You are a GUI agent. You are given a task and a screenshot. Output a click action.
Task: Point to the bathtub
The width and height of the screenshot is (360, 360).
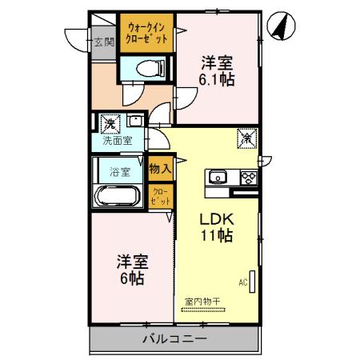pyautogui.click(x=118, y=194)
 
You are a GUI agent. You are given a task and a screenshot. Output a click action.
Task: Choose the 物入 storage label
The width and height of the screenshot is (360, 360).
pyautogui.click(x=160, y=168)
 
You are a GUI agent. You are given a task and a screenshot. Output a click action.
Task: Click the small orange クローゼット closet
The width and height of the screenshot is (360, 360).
pyautogui.click(x=160, y=197)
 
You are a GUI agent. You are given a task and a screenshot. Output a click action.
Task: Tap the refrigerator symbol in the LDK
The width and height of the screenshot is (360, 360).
pyautogui.click(x=246, y=138)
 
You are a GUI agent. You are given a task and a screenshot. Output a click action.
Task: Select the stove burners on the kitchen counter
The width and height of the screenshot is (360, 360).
pyautogui.click(x=247, y=177)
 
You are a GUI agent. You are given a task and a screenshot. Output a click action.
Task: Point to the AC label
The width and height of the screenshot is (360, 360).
pyautogui.click(x=242, y=282)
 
